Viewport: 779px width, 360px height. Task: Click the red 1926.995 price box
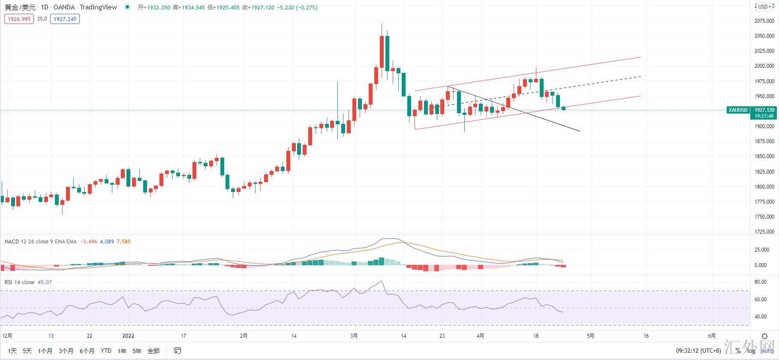click(19, 19)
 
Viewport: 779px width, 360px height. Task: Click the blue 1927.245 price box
click(65, 19)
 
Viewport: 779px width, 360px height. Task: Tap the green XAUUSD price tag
click(738, 110)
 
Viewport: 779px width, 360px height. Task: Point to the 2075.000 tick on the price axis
click(764, 21)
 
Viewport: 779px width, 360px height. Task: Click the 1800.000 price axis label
click(764, 187)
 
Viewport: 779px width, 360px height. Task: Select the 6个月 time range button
click(87, 351)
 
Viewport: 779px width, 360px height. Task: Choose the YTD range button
click(106, 351)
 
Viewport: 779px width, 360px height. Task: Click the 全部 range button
click(153, 351)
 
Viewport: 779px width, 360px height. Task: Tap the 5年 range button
click(137, 351)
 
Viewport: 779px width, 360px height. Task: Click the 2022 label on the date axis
click(128, 336)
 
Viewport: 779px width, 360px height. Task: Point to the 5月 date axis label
click(590, 336)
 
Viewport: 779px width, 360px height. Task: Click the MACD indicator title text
click(40, 242)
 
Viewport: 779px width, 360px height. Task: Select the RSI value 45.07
click(45, 282)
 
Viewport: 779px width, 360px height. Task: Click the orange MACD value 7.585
click(123, 242)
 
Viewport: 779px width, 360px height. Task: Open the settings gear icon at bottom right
click(764, 336)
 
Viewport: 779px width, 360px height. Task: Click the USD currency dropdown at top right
click(765, 6)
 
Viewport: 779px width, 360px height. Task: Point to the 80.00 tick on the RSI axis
click(761, 282)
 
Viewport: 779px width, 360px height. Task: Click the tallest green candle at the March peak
click(387, 54)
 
